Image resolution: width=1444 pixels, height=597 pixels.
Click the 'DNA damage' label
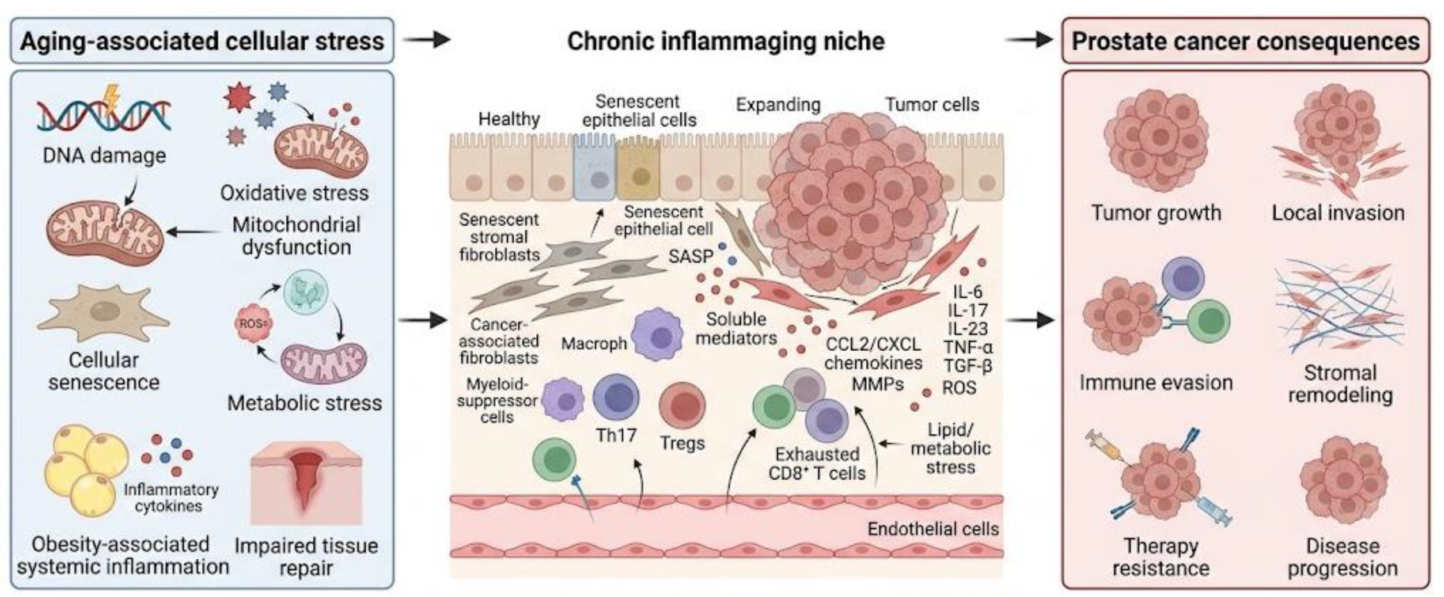pos(104,155)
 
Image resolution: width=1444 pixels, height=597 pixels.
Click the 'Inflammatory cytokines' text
pos(171,498)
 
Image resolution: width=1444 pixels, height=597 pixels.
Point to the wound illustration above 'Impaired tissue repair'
pos(307,483)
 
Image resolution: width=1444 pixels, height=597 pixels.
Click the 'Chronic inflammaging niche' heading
pos(726,41)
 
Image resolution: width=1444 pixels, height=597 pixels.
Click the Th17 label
pos(616,435)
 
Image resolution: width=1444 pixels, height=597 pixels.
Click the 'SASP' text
pos(691,256)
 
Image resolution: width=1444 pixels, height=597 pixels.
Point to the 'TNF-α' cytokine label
pos(968,347)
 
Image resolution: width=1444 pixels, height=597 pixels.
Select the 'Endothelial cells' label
pos(933,528)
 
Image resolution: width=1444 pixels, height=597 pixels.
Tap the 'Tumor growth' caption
pos(1156,213)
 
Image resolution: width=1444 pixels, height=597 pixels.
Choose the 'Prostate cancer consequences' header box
pos(1246,41)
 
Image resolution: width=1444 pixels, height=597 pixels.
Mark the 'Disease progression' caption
pos(1342,557)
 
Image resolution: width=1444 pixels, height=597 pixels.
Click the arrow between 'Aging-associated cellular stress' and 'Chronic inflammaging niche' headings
pos(427,40)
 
